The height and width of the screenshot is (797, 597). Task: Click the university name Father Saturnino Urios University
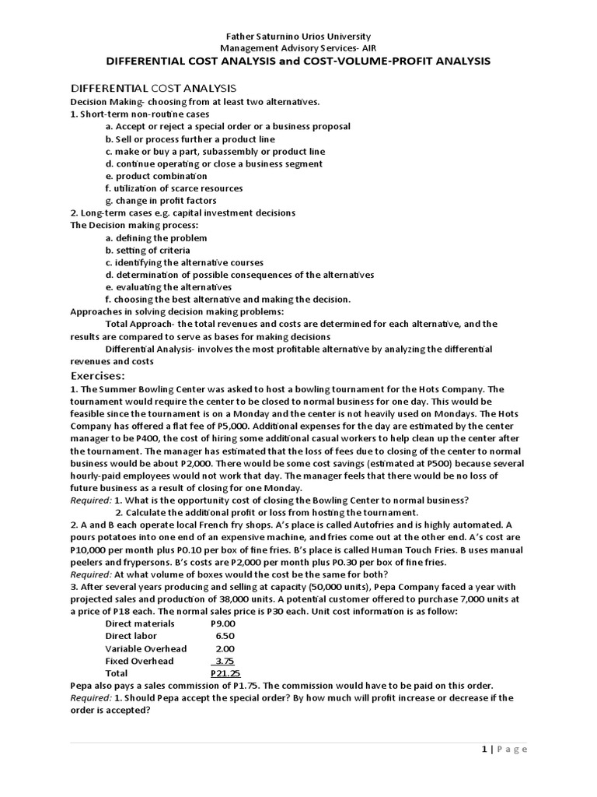pos(298,37)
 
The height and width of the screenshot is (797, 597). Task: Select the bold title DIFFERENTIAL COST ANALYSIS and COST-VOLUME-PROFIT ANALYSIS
pos(298,61)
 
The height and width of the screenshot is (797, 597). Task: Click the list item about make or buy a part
pos(215,151)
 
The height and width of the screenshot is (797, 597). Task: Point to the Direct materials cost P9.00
pos(223,623)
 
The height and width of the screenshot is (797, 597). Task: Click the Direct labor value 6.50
pos(224,636)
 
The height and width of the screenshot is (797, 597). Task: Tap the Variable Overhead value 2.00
pos(224,648)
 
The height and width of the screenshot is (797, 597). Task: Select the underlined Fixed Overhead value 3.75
pos(224,661)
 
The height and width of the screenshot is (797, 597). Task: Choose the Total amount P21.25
pos(224,673)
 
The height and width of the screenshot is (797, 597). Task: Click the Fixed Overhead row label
pos(139,661)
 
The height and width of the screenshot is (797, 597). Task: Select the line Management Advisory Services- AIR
pos(298,48)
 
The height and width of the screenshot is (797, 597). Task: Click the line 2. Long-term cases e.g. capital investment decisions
pos(183,212)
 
